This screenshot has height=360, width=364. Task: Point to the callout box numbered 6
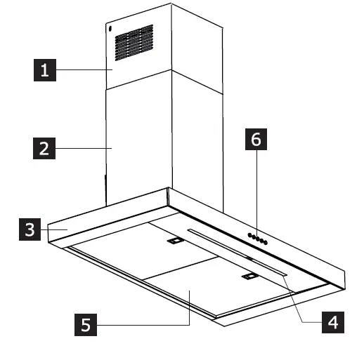click(256, 140)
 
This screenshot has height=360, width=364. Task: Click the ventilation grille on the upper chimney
click(133, 43)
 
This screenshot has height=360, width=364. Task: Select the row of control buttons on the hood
click(256, 239)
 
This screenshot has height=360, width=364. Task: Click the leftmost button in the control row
click(248, 236)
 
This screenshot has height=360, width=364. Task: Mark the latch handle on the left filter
click(174, 241)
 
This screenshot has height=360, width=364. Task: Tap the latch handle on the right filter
click(249, 277)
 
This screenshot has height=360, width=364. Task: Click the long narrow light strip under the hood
click(235, 251)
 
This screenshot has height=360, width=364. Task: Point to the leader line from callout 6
click(256, 193)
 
